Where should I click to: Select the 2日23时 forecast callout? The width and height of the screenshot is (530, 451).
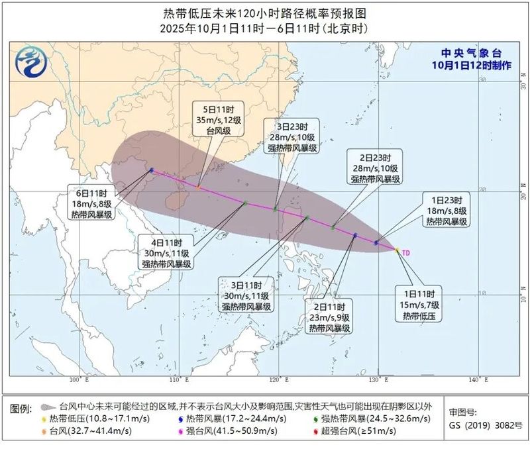click(375, 169)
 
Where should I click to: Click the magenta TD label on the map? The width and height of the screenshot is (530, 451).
click(406, 252)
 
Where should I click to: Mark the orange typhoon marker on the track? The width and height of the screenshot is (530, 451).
click(197, 187)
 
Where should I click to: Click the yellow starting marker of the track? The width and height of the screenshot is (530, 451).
click(397, 250)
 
